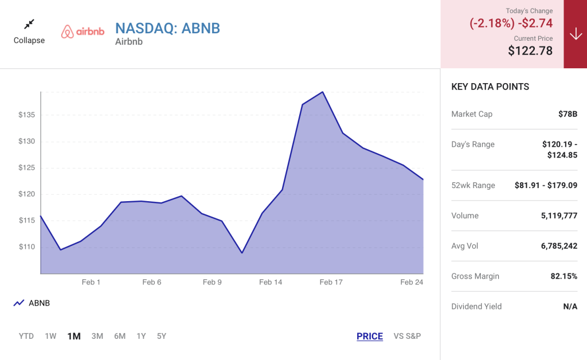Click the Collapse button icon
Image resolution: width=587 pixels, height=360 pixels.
point(29,24)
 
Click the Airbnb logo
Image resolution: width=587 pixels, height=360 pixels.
point(83,32)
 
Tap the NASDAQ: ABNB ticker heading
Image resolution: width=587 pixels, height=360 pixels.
point(167,29)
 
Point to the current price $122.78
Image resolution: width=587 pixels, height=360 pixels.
point(530,50)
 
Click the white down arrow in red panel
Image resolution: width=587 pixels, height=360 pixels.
point(576,34)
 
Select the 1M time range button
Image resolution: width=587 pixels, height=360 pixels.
point(74,336)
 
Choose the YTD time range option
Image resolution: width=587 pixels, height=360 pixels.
point(26,336)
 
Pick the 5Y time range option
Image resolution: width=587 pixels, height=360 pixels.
point(161,336)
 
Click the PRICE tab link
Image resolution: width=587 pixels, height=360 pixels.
point(370,336)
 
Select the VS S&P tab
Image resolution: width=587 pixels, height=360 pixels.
point(407,336)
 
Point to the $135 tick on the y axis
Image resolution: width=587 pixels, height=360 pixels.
point(26,115)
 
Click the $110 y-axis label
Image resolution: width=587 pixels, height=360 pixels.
point(26,247)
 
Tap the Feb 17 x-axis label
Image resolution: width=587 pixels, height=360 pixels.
point(331,282)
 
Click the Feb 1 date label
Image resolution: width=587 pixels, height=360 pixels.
point(91,282)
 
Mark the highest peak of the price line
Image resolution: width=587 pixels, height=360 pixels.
point(322,92)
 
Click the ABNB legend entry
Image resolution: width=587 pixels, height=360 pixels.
point(32,303)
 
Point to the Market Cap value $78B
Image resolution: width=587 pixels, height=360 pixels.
point(568,114)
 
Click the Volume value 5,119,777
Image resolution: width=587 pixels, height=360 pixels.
point(559,216)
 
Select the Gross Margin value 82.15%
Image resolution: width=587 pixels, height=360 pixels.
point(564,276)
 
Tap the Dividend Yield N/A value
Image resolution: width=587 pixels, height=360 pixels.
point(570,307)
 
